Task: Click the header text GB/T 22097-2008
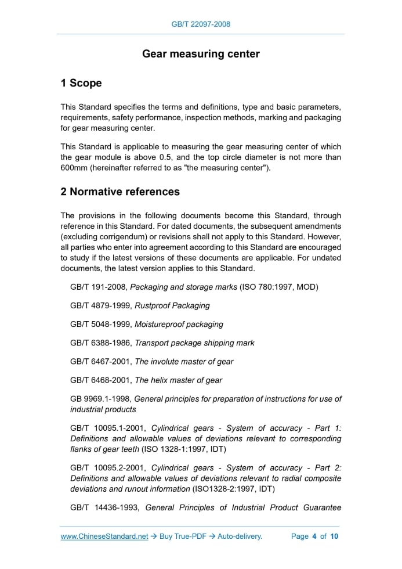201,24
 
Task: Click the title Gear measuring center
201,54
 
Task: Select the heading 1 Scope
81,83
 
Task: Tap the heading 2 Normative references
120,192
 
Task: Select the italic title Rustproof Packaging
172,305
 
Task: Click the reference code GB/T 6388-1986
100,343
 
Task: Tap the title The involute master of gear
184,361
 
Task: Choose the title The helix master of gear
178,380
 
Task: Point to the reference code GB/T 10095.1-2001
107,428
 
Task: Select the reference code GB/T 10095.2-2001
107,467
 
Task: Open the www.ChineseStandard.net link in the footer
104,536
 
